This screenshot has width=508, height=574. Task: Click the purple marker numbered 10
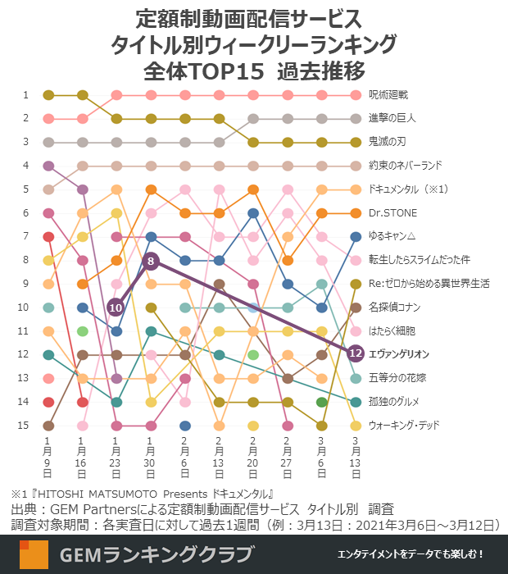click(x=116, y=307)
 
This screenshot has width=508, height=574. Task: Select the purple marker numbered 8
click(x=151, y=261)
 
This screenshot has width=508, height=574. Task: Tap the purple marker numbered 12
click(x=356, y=354)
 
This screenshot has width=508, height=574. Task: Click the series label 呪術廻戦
click(x=388, y=95)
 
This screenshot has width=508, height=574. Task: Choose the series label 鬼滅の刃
click(x=388, y=143)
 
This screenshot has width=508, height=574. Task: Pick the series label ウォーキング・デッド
click(x=404, y=426)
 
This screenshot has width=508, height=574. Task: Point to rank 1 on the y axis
click(x=25, y=95)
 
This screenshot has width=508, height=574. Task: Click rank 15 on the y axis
click(x=24, y=426)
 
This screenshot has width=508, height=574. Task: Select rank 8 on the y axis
click(x=25, y=261)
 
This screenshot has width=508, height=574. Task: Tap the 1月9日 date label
click(x=48, y=458)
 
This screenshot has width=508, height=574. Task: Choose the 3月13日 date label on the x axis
click(x=356, y=458)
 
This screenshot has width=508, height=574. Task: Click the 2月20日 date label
click(x=253, y=458)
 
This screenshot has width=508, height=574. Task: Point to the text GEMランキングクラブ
click(x=156, y=555)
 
